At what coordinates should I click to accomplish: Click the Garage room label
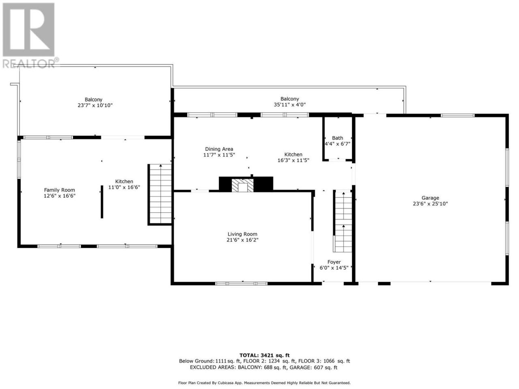[430, 198]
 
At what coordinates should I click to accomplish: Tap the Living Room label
[242, 234]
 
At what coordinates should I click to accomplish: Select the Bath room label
[337, 138]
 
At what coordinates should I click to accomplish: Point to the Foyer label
[334, 262]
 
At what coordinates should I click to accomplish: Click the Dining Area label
[219, 149]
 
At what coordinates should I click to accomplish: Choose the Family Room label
[59, 190]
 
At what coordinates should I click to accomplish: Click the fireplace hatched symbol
[242, 185]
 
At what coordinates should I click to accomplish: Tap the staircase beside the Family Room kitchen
[161, 194]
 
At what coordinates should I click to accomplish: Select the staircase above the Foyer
[343, 222]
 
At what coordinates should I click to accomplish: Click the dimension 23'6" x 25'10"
[430, 204]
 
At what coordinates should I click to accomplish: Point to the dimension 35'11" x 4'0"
[290, 105]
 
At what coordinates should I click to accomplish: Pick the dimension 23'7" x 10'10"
[95, 105]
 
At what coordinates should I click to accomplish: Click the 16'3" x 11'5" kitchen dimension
[293, 160]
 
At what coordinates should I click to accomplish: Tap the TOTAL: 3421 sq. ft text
[264, 355]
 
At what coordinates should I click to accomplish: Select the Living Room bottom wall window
[241, 283]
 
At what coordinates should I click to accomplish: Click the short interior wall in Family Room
[102, 202]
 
